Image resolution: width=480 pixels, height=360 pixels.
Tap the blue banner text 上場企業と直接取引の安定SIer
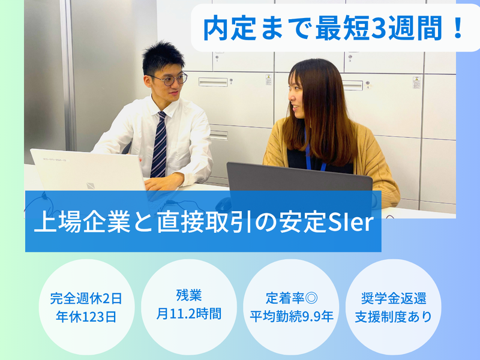pos(203,223)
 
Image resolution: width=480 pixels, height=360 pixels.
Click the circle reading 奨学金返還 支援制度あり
pos(394,307)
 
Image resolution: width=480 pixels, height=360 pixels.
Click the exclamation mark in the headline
pos(457,28)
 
